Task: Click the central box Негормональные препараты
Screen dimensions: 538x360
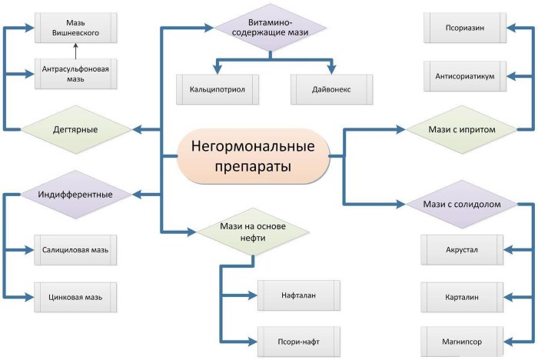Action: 253,156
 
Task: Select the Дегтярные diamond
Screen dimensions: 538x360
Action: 76,129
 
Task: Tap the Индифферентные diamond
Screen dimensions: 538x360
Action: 76,195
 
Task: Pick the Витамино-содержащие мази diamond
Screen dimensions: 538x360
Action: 270,28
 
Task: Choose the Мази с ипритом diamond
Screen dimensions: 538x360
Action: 462,129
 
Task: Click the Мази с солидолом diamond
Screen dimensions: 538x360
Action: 462,204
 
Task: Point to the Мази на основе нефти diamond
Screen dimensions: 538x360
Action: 253,232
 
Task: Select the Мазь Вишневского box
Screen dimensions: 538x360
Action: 76,28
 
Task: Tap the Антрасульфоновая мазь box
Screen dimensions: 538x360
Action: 76,74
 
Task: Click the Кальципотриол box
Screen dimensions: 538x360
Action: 218,89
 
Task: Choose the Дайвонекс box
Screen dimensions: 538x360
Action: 331,89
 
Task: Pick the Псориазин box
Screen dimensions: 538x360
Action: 465,28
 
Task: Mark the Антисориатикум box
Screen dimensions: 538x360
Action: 465,76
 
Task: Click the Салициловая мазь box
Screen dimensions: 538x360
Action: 75,250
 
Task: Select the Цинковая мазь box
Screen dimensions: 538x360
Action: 75,298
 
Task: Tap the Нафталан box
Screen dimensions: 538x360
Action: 299,295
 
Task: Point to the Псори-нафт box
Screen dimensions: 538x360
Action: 299,342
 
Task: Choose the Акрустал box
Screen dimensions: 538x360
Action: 462,250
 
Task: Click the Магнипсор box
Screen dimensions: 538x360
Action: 462,342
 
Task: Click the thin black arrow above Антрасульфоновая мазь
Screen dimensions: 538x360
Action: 76,52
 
